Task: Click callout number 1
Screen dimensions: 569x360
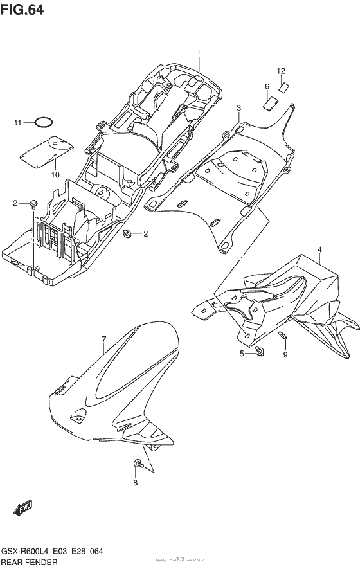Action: [x=199, y=52]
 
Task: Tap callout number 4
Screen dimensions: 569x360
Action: [x=319, y=249]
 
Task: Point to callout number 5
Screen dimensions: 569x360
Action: [x=242, y=354]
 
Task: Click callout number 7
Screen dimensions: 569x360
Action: [x=104, y=338]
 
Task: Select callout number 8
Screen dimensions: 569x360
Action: [x=136, y=482]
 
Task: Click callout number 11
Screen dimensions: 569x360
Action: [x=19, y=122]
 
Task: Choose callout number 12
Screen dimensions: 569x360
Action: [x=281, y=70]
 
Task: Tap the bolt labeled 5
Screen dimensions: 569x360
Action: [x=259, y=351]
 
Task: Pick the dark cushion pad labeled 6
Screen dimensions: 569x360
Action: [x=271, y=100]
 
